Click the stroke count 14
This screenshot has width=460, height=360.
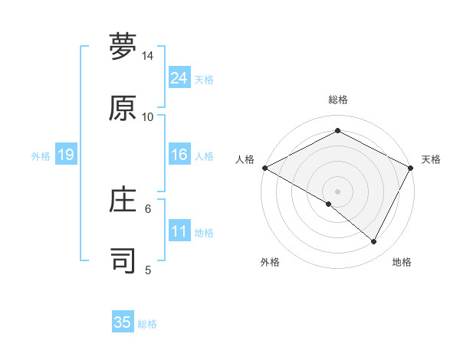(147, 57)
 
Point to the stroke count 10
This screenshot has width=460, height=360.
(147, 116)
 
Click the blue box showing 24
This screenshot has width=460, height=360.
(179, 78)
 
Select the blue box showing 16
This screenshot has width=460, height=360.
(179, 155)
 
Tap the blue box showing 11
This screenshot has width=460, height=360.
(179, 231)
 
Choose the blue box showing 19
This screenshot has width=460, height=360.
(65, 155)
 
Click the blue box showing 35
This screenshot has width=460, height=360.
(123, 322)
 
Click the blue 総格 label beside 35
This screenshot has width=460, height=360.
(147, 324)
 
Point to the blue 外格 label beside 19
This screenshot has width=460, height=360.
(41, 155)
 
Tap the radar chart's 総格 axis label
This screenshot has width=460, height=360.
(337, 100)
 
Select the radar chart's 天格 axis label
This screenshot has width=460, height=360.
(431, 159)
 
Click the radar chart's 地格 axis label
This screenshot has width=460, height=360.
(402, 262)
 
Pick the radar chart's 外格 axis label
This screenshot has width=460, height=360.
(270, 262)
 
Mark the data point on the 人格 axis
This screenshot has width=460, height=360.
(264, 168)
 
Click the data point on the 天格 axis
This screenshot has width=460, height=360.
(411, 168)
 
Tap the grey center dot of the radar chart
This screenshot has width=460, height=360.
(337, 191)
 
